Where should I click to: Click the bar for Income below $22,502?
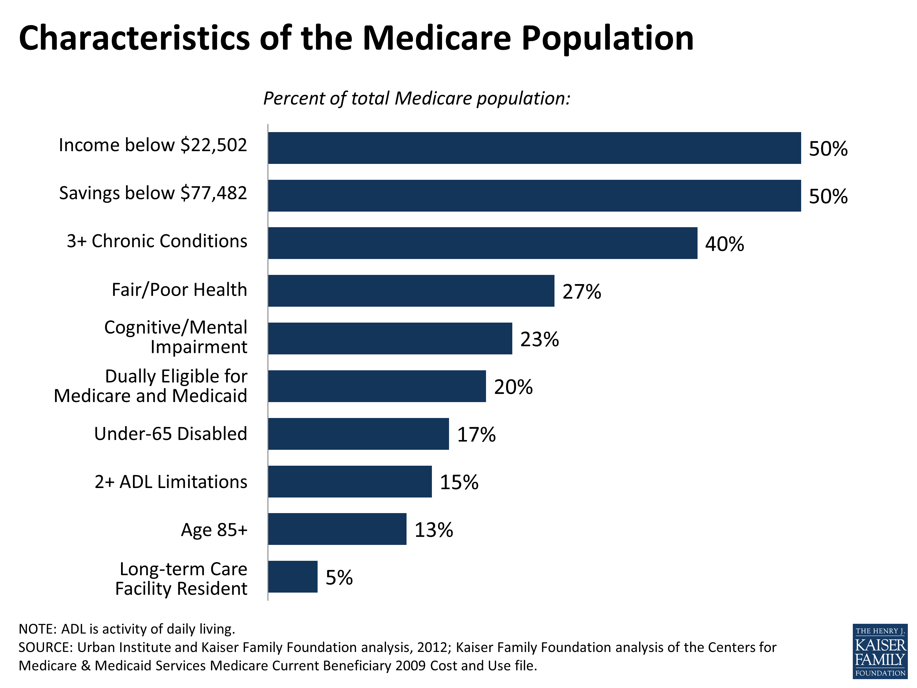click(534, 148)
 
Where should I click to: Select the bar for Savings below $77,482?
click(534, 196)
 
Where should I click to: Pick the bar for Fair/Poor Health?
click(411, 291)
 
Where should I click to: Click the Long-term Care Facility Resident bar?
click(293, 577)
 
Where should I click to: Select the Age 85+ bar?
click(337, 529)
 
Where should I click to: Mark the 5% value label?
click(339, 578)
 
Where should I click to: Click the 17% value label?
click(476, 435)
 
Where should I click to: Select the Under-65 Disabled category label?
click(170, 434)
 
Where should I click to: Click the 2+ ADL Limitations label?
click(171, 482)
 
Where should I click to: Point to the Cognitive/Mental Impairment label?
click(175, 337)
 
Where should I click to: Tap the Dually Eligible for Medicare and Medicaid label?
click(150, 386)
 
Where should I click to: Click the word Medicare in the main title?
click(437, 38)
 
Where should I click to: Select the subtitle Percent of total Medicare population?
click(417, 99)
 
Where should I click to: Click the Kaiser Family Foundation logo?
click(880, 652)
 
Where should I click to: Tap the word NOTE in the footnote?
click(37, 629)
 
